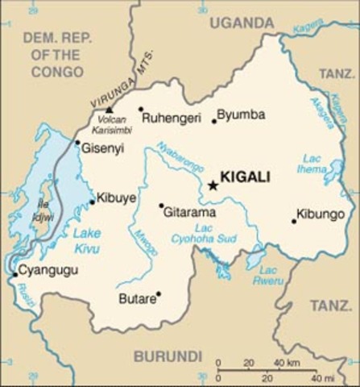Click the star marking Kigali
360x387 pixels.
tap(213, 185)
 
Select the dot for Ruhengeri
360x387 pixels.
tap(140, 109)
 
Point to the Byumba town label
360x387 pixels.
tap(241, 114)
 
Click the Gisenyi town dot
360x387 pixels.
tap(77, 143)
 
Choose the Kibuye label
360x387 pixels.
tap(116, 197)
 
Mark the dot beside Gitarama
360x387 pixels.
tap(161, 206)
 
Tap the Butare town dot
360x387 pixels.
tap(159, 293)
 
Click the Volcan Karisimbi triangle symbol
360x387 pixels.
tap(110, 109)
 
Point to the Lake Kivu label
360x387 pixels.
tap(86, 240)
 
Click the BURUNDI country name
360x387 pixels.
tap(168, 356)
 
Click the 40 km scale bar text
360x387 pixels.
tap(287, 362)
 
